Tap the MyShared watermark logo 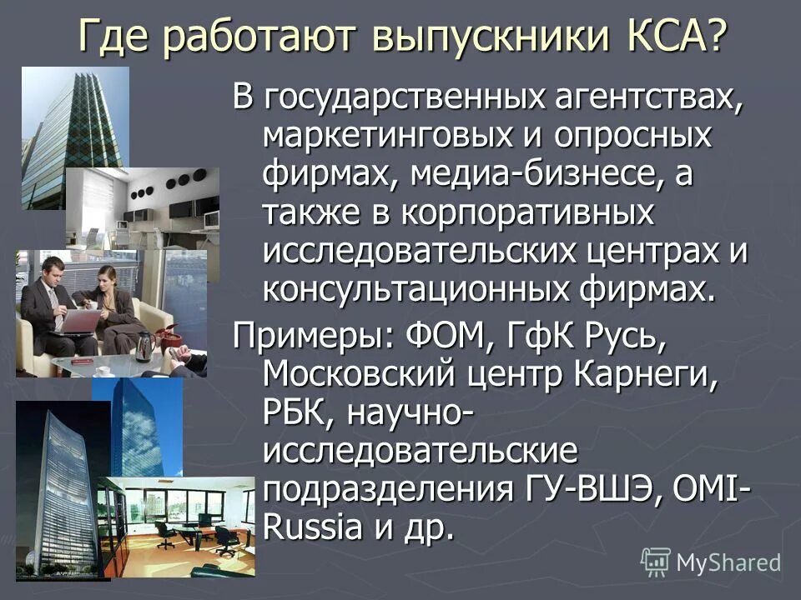tap(711, 562)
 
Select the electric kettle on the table tap(145, 344)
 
